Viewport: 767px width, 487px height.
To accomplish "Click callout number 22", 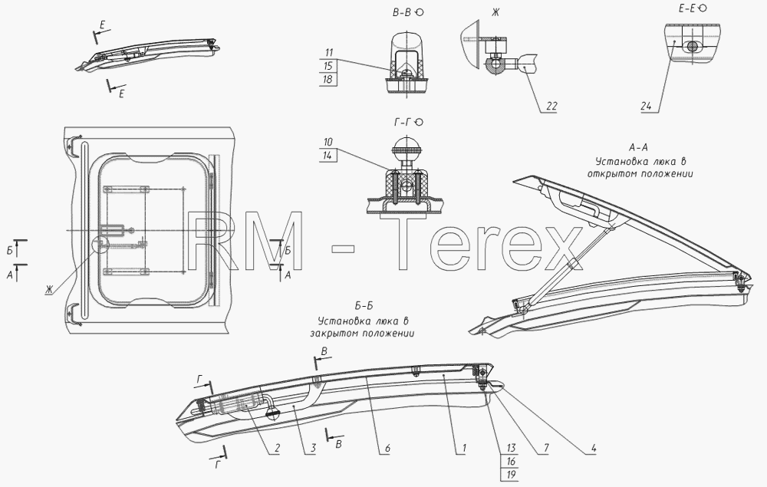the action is point(551,106).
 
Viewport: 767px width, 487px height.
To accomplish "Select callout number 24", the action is point(646,106).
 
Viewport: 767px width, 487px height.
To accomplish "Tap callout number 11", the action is point(328,53).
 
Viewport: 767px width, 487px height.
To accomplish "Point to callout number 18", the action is point(328,79).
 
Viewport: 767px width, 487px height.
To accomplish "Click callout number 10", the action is point(328,142).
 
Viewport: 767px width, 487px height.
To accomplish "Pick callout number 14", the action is point(328,156).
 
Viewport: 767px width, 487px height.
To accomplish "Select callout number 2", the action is point(277,448).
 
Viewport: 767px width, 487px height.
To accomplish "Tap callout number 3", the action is point(313,448).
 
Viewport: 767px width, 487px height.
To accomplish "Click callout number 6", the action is point(387,448).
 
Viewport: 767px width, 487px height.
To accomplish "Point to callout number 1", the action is point(464,448).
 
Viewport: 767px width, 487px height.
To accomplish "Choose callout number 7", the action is point(546,448).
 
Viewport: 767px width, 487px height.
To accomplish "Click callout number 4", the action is point(593,448).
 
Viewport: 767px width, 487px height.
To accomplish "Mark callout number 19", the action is point(511,474).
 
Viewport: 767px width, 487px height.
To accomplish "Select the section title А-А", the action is point(638,147).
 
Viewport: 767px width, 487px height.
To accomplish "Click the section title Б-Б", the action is point(364,306).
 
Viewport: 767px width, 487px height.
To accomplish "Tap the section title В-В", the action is point(402,13).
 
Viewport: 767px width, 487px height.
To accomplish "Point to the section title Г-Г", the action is point(403,122).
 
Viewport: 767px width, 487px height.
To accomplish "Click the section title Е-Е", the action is point(686,8).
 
